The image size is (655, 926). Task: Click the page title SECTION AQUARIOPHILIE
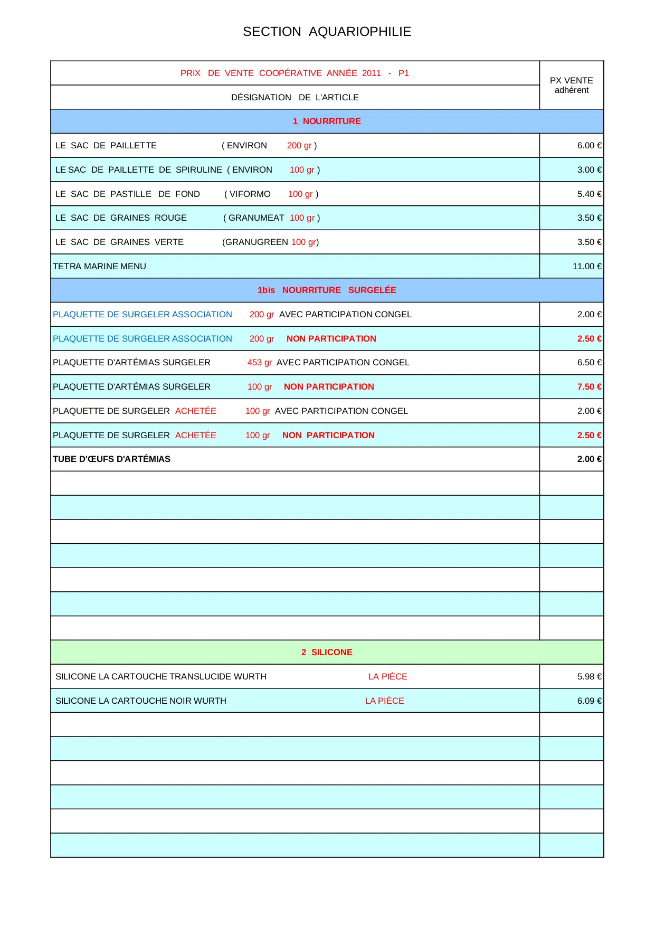coord(327,32)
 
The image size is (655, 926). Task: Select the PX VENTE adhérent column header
coord(571,85)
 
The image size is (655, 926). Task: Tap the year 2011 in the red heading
coord(371,73)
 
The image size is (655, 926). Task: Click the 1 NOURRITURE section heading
coord(327,121)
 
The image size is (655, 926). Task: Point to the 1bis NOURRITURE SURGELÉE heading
coord(327,290)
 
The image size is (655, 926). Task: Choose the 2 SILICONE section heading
coord(327,652)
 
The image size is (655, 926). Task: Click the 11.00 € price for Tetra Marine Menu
coord(586,266)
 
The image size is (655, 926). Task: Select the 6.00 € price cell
coord(588,145)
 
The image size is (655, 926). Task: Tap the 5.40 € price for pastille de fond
coord(588,194)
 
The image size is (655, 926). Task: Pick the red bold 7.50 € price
coord(588,386)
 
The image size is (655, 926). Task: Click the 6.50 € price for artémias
coord(588,362)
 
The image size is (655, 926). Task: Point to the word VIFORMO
coord(250,194)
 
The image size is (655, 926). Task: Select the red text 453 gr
coord(259,362)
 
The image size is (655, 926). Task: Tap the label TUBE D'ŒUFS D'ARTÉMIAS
coord(111,459)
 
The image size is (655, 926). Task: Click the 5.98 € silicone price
coord(588,676)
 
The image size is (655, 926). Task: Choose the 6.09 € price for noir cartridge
coord(588,701)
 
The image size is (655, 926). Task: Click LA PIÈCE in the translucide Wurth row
coord(387,676)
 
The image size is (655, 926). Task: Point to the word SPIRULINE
coord(198,169)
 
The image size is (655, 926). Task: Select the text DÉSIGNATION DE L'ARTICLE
coord(295,97)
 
